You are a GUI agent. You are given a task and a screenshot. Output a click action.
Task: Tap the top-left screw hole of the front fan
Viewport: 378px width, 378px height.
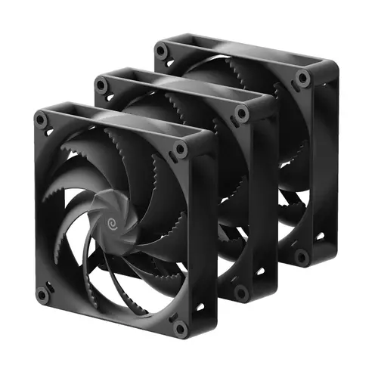[40, 118]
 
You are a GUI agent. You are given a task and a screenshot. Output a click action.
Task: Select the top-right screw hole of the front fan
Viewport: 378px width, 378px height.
[181, 149]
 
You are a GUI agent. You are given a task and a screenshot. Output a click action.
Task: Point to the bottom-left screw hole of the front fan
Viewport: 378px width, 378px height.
[42, 295]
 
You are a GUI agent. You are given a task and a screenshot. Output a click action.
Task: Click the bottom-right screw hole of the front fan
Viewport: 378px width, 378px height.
[180, 327]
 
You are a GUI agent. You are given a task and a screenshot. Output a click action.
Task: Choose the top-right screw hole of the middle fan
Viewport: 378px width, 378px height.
[242, 113]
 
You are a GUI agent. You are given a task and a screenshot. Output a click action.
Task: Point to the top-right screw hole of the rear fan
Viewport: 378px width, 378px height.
[302, 78]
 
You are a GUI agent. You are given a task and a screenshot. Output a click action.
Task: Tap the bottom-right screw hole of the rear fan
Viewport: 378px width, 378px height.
[302, 256]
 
